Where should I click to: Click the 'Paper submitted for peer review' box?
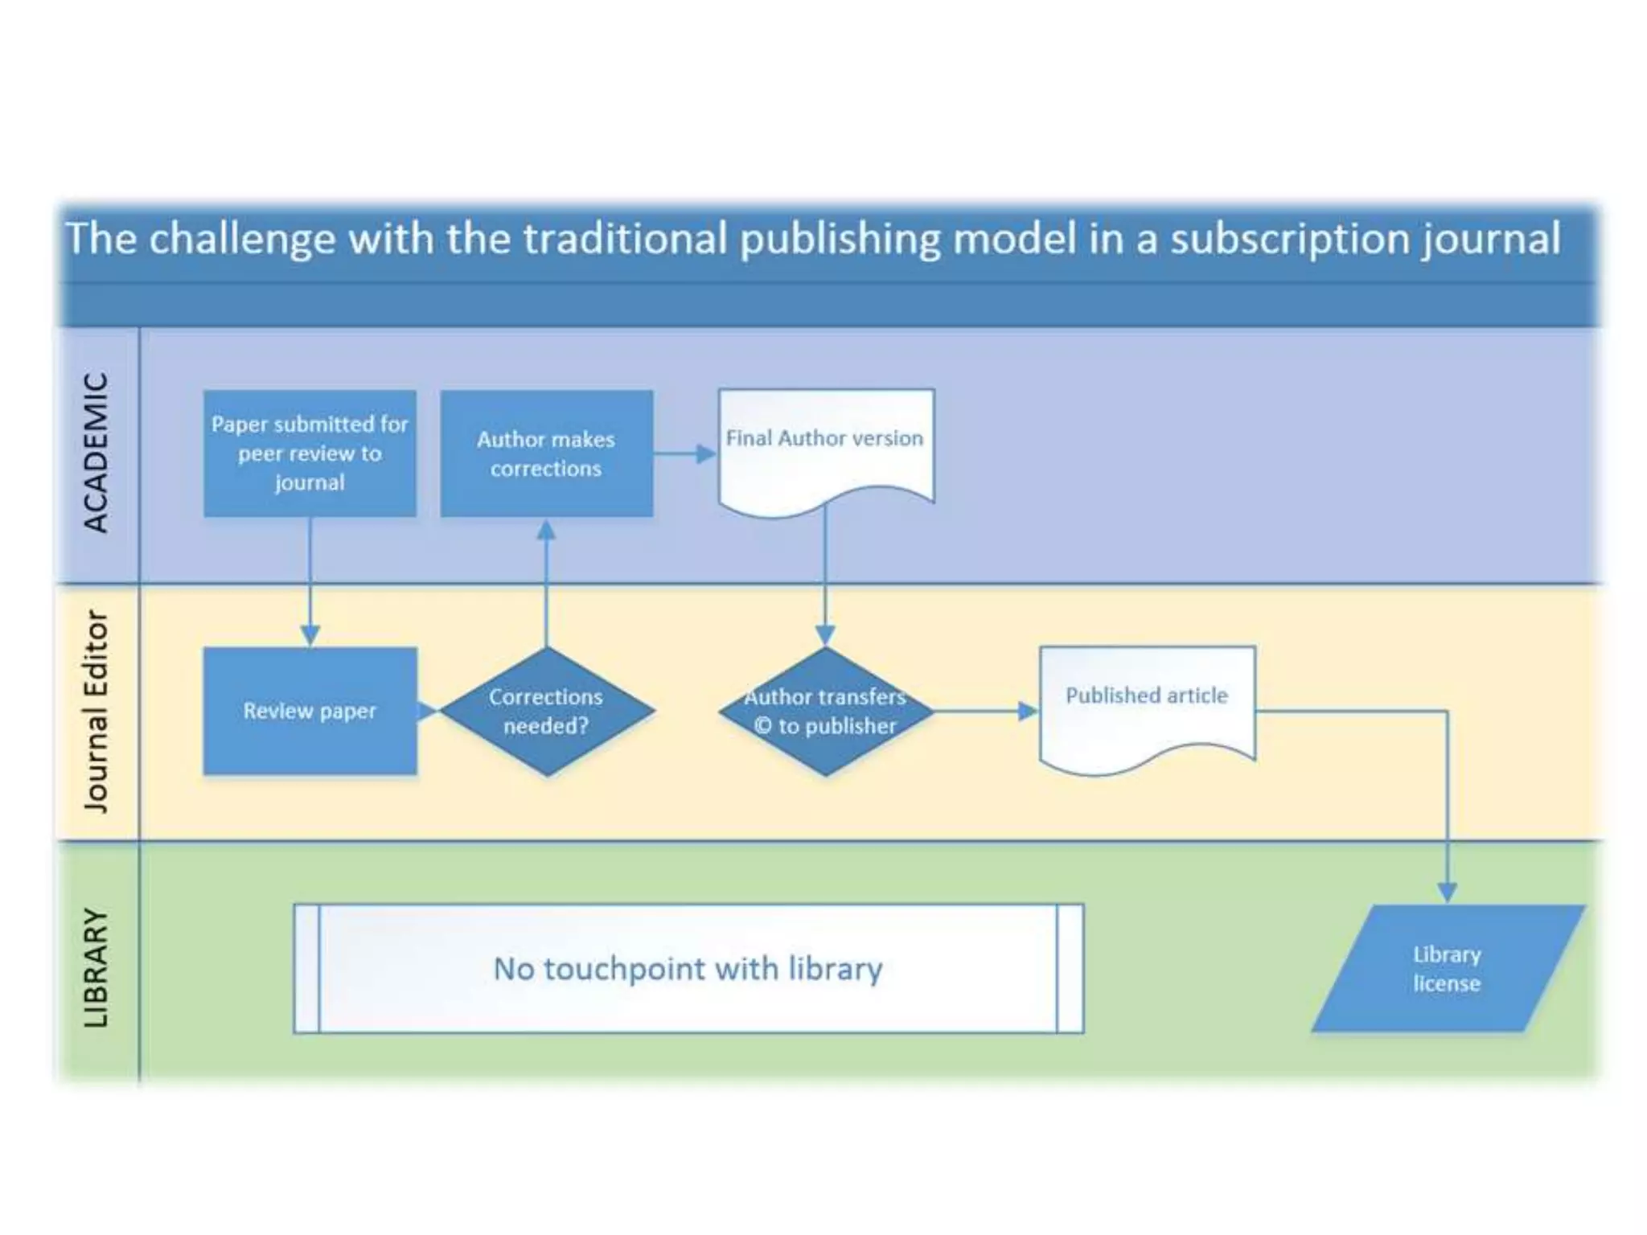tap(310, 453)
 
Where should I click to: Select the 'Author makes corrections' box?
tap(546, 453)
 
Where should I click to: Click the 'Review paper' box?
tap(310, 711)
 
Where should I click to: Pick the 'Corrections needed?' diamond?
tap(546, 711)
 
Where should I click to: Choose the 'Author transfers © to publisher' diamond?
tap(825, 711)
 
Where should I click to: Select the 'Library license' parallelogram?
tap(1447, 968)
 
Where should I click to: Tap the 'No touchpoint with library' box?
tap(688, 968)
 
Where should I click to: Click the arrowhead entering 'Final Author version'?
tap(706, 454)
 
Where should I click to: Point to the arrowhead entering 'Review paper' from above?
tap(310, 635)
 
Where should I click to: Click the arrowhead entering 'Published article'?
tap(1028, 711)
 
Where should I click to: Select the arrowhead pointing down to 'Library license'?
tap(1447, 892)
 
